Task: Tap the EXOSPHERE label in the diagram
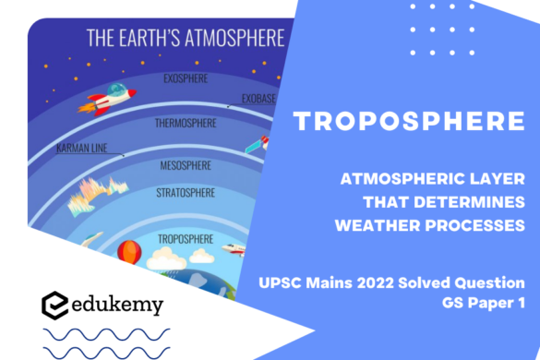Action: tap(184, 79)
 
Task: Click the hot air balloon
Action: tap(132, 253)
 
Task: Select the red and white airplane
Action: tap(232, 249)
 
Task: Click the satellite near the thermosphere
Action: tap(258, 145)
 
